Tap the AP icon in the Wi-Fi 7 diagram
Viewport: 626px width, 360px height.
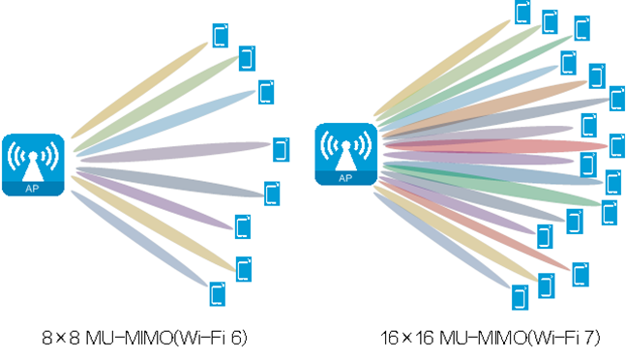[x=345, y=154]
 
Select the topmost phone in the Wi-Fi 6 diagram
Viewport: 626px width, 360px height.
[x=221, y=36]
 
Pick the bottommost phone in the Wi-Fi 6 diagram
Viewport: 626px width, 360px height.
[x=218, y=291]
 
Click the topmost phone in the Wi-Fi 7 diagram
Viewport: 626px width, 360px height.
[x=523, y=13]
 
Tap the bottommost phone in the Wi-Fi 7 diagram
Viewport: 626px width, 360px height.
[x=521, y=295]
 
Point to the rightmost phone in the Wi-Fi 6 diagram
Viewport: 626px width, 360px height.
[x=281, y=149]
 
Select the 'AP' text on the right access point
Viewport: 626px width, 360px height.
[x=345, y=177]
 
